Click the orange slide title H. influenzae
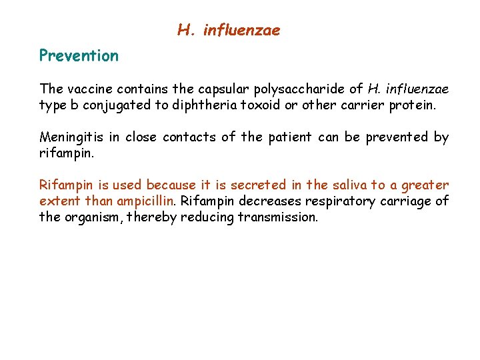tap(229, 30)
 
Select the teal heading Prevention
tap(79, 55)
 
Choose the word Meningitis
tap(71, 137)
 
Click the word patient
tap(289, 137)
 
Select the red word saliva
tap(340, 185)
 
